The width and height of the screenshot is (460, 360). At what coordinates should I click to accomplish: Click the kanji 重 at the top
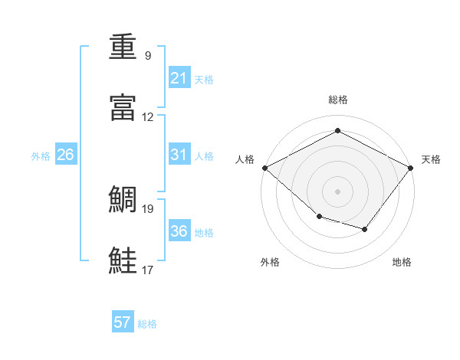click(x=123, y=46)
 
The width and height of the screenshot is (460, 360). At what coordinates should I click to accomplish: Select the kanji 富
click(x=123, y=107)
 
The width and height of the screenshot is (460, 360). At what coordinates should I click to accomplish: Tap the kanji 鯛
click(x=123, y=199)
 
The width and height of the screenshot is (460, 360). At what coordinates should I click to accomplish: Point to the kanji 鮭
click(x=123, y=260)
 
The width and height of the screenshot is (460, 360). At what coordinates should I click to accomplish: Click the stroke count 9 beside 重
click(x=148, y=55)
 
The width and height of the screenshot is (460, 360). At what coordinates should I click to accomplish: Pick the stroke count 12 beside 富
click(x=147, y=117)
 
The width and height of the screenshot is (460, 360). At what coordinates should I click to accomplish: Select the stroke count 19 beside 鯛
click(x=147, y=209)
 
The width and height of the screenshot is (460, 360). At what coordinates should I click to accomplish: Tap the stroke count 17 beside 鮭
click(x=147, y=270)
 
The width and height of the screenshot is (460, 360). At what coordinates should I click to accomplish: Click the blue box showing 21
click(x=179, y=77)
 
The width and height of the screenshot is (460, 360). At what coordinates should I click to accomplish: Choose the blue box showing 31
click(x=179, y=154)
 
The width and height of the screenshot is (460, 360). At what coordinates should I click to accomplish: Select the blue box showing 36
click(x=179, y=230)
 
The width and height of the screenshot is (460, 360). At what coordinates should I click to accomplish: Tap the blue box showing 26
click(x=66, y=154)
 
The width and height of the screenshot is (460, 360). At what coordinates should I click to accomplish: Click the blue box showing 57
click(x=123, y=321)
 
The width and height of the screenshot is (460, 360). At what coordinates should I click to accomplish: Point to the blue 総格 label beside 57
click(x=147, y=324)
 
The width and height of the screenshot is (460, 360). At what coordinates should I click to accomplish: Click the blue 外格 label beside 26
click(x=41, y=156)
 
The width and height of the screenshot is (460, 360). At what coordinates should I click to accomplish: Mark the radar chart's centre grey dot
click(x=337, y=191)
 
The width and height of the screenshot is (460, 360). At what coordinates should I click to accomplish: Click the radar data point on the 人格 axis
click(x=265, y=168)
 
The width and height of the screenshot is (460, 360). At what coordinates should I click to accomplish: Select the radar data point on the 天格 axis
click(x=410, y=168)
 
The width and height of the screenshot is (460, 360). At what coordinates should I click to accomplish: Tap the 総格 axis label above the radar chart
click(x=338, y=100)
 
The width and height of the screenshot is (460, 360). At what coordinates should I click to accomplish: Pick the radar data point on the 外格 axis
click(x=320, y=217)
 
